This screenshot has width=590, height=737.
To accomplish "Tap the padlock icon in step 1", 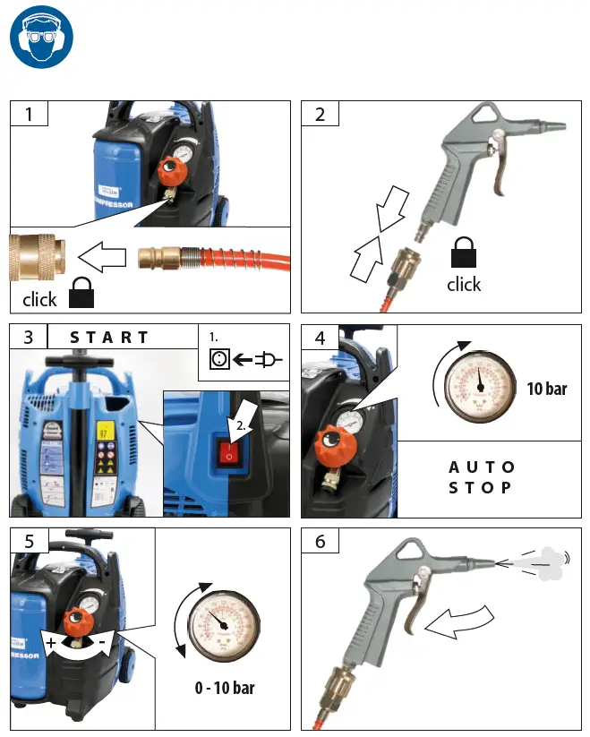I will coord(81,296).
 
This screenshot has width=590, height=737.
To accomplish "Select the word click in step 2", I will coord(464,284).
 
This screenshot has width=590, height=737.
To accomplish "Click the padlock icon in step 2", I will coord(463,253).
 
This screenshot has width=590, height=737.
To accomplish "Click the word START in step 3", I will coord(110,338).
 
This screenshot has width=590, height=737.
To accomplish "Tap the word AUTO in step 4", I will coord(481,467).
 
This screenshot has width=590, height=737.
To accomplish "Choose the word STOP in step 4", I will coord(481,488).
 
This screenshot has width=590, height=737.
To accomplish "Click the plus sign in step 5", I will coord(52,644).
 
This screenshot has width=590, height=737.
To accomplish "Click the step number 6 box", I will coord(320,541).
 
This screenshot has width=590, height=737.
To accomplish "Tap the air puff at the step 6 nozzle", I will coord(541,559).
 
